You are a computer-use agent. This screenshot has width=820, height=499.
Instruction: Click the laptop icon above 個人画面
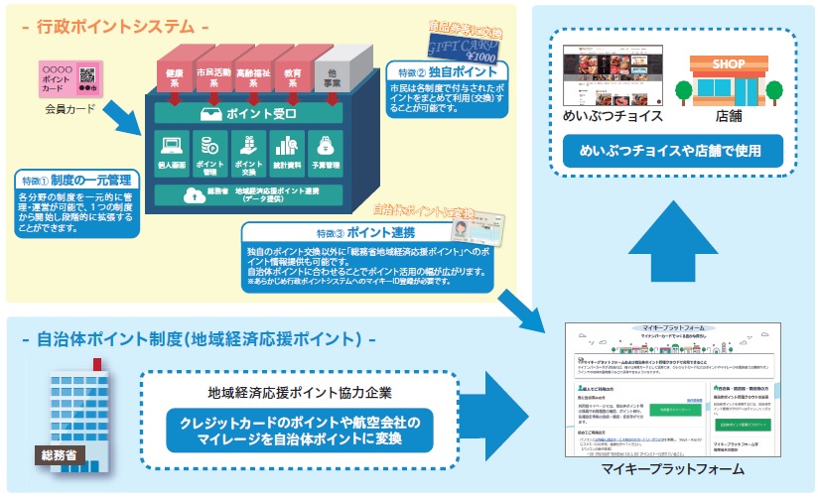click(172, 146)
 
